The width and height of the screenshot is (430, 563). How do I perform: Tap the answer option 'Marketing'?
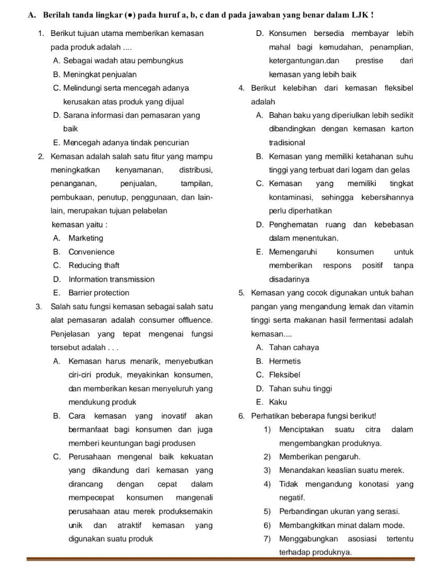tap(86, 238)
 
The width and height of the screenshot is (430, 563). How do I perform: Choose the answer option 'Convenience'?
tap(91, 252)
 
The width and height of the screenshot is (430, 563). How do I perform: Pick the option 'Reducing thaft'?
tap(94, 265)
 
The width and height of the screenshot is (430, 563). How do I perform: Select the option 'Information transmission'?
tap(111, 279)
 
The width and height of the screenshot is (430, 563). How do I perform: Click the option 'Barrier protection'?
tap(99, 292)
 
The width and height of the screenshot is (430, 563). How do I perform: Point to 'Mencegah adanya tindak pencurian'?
tap(125, 142)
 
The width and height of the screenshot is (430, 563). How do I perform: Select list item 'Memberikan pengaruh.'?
tap(320, 457)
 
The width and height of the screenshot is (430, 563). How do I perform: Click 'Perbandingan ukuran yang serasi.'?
tap(339, 511)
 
